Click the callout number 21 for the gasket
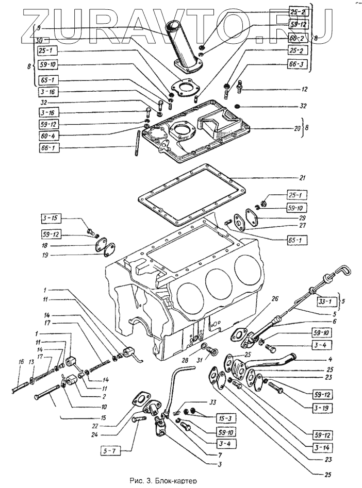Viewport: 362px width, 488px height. tap(303, 178)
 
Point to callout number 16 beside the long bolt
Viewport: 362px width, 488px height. tap(21, 362)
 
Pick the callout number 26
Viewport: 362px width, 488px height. tap(275, 298)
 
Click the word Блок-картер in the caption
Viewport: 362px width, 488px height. tap(178, 481)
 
